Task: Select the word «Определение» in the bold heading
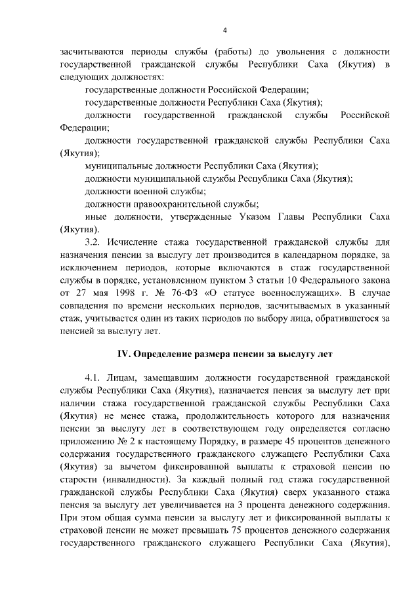pyautogui.click(x=163, y=354)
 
